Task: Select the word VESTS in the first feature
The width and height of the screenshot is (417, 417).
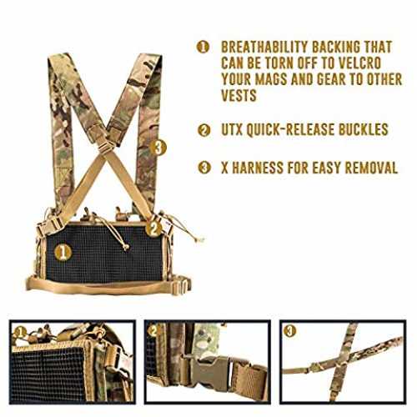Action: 239,95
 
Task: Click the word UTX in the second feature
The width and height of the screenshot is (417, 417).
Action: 232,129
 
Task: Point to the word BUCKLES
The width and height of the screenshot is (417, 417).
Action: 363,129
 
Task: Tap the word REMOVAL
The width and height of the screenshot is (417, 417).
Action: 371,168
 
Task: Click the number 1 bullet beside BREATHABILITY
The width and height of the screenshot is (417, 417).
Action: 203,47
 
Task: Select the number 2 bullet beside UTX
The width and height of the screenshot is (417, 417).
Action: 203,130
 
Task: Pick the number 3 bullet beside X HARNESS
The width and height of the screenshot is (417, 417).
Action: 204,168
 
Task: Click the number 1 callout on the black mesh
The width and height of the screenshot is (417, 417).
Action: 63,253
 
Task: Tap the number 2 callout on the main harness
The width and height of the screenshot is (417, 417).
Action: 153,229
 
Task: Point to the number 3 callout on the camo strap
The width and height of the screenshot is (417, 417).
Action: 158,148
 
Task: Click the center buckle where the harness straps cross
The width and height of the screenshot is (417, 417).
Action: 107,144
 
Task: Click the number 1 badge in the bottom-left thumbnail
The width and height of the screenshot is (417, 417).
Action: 19,332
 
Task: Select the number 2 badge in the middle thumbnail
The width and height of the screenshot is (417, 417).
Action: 153,331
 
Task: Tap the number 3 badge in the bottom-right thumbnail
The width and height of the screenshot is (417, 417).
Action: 289,331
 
